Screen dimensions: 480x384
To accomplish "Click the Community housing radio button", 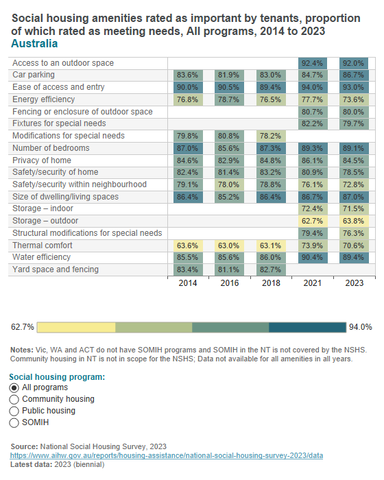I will pos(14,399).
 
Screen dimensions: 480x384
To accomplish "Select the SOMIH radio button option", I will pos(14,422).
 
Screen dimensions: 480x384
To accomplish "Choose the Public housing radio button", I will pos(14,411).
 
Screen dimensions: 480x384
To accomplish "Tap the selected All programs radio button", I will pos(14,387).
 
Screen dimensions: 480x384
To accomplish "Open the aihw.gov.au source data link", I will pos(167,455).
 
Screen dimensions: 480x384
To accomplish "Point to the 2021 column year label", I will pos(312,283).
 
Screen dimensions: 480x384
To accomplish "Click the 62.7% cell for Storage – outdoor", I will pos(312,221).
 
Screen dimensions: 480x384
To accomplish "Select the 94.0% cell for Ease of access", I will pos(312,87).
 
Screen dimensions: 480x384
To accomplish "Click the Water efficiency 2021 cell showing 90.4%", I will pos(312,257).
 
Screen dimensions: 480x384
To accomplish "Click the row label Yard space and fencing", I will pos(56,269).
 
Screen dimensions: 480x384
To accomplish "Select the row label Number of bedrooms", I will pos(51,148).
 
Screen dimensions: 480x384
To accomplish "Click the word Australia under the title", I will pos(34,44).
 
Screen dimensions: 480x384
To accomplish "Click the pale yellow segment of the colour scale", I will pos(77,326).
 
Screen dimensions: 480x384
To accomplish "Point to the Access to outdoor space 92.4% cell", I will pos(312,63).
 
